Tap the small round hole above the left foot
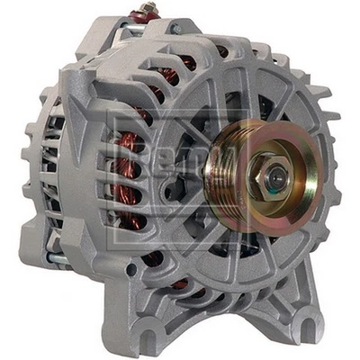pos(132,269)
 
